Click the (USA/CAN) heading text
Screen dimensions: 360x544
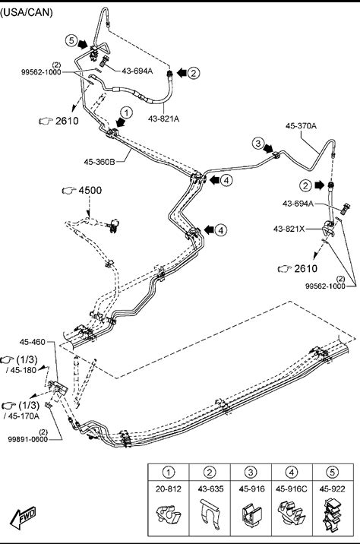coord(27,13)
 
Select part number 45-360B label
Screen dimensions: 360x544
coord(99,161)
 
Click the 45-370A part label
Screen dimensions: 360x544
coord(301,125)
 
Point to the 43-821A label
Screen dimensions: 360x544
coord(164,119)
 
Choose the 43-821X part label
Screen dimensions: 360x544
coord(289,229)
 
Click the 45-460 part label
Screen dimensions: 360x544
coord(32,342)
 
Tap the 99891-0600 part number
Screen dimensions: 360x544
coord(28,439)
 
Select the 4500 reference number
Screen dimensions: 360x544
coord(90,190)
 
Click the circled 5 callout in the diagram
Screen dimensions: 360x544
coord(71,40)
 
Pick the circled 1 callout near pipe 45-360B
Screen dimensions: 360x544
coord(127,112)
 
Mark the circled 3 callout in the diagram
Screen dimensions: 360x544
coord(257,143)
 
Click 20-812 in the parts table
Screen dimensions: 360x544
coord(169,489)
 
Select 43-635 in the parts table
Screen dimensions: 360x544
coord(210,489)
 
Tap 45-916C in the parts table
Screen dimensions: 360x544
coord(292,489)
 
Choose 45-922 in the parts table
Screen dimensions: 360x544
coord(332,489)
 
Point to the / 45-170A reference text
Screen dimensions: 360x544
coord(21,416)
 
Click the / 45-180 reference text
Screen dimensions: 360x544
coord(21,370)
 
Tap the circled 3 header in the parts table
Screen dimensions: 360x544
coord(251,472)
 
